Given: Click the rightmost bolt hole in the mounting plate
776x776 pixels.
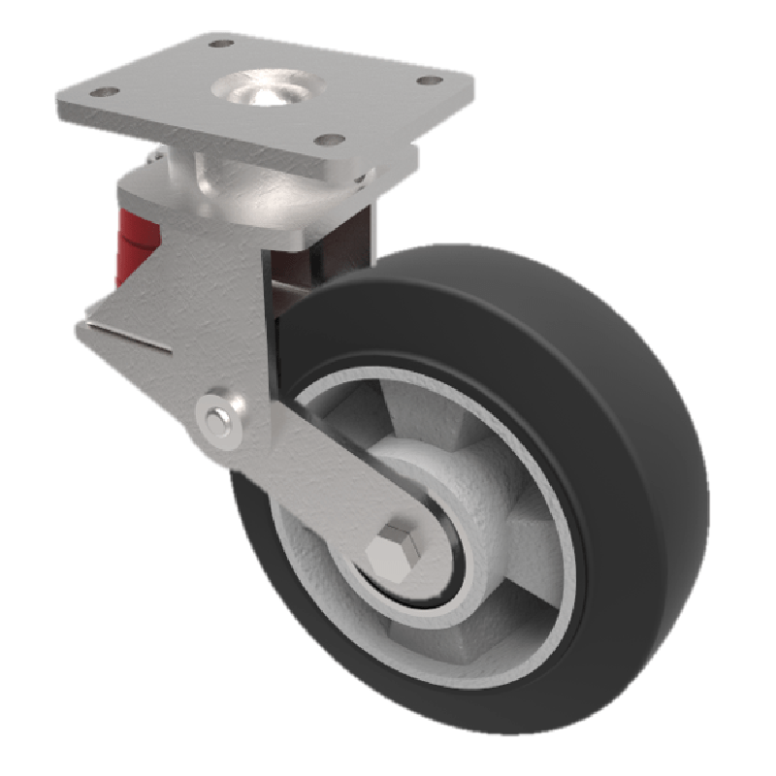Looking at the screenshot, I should (425, 83).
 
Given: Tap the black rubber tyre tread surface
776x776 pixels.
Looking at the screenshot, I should (621, 407).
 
